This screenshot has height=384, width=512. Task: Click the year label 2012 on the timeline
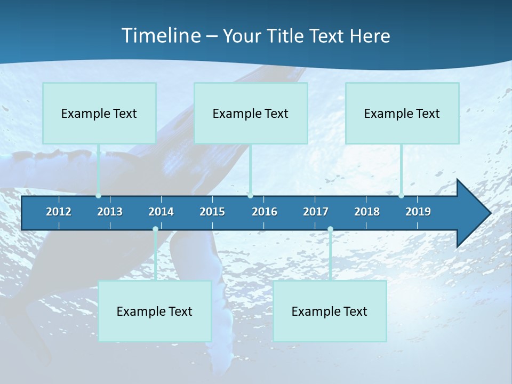(x=59, y=212)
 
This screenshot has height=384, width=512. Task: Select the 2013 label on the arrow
(x=110, y=212)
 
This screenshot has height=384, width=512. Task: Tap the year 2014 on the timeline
(x=161, y=212)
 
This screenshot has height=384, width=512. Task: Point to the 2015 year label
(x=212, y=212)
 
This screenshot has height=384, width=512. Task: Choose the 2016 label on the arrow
(x=265, y=212)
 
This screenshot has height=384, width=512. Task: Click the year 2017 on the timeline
(x=316, y=212)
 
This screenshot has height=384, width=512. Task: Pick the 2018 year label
(x=367, y=212)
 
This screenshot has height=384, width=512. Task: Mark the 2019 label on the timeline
(x=418, y=212)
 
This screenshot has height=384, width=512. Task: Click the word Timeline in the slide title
(x=161, y=36)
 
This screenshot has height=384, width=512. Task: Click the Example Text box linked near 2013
(x=99, y=113)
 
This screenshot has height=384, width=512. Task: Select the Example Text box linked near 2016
(x=251, y=113)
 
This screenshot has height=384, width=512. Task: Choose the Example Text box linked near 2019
(x=402, y=113)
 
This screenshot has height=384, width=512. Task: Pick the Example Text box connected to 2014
(x=155, y=311)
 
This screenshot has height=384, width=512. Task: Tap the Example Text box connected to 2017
(x=330, y=311)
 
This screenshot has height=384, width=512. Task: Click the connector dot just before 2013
(x=98, y=196)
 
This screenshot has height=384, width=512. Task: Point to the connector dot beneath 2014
(x=155, y=229)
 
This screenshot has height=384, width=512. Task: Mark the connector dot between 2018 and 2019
(x=401, y=196)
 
